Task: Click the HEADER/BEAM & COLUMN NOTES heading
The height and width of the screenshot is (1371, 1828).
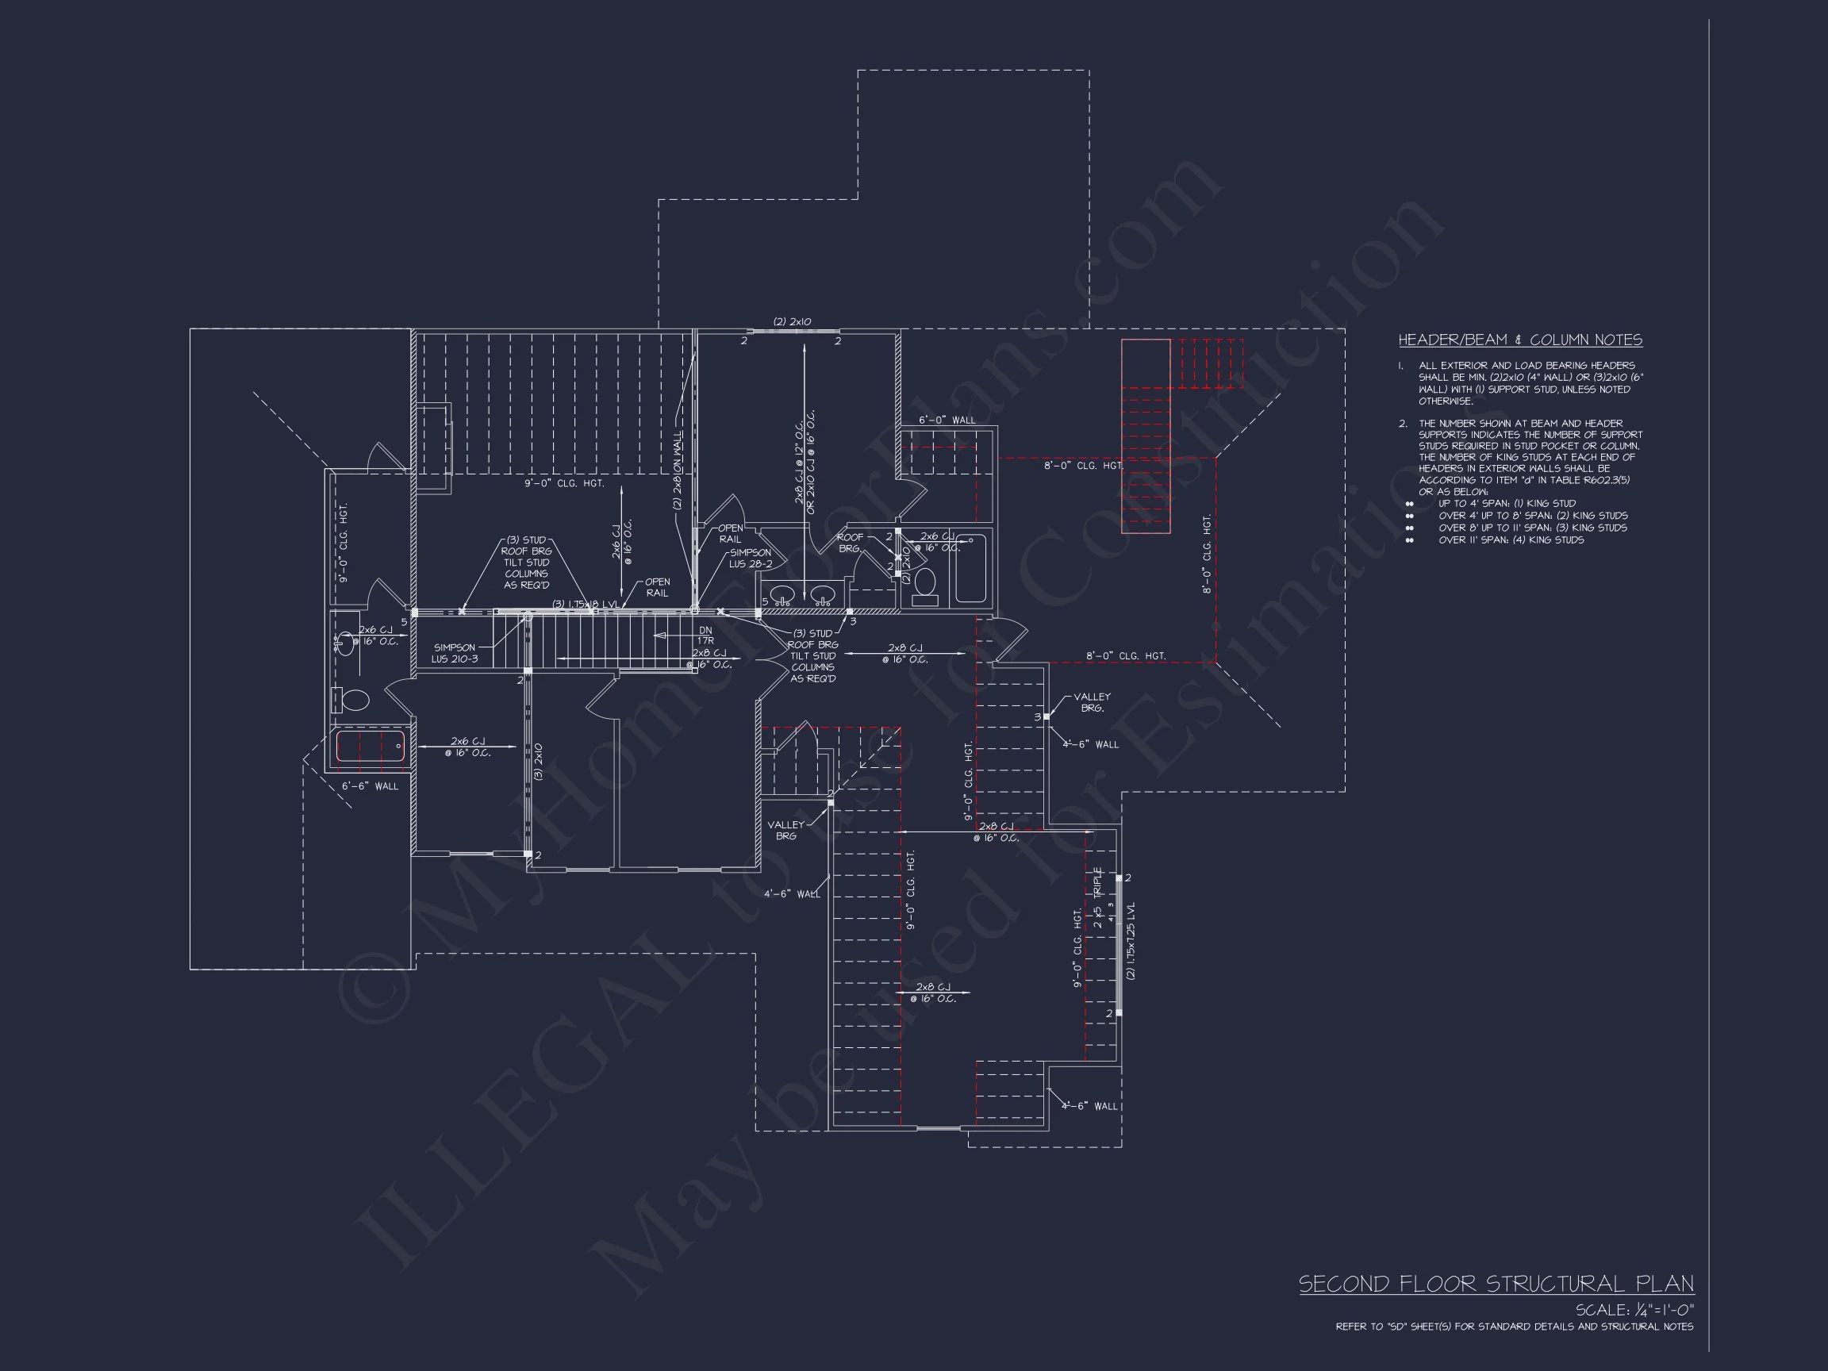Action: (x=1519, y=340)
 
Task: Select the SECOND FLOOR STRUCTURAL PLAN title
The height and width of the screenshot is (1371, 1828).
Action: (x=1496, y=1284)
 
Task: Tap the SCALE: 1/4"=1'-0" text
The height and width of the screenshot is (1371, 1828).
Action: (x=1634, y=1310)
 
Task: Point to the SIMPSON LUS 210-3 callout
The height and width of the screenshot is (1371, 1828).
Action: (x=454, y=653)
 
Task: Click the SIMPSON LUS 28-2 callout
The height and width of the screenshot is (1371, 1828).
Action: (x=751, y=558)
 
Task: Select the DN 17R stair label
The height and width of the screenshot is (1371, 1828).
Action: (x=705, y=635)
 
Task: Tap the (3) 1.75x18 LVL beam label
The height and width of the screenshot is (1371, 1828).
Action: (x=585, y=604)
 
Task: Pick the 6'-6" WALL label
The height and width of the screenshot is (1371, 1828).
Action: (x=370, y=786)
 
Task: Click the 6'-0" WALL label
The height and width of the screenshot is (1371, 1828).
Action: (x=947, y=420)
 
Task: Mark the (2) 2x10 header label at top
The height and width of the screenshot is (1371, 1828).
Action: (x=792, y=321)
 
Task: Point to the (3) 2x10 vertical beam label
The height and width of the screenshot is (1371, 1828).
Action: (x=538, y=761)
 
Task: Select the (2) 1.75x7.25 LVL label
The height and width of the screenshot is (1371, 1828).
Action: (x=1131, y=940)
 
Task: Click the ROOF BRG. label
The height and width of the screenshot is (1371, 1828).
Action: (x=850, y=542)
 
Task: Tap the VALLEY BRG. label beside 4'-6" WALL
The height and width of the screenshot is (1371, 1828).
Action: (x=1092, y=702)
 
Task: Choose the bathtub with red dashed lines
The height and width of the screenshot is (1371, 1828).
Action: (x=370, y=747)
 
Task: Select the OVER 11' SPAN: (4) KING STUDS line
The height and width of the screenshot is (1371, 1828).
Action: (x=1511, y=540)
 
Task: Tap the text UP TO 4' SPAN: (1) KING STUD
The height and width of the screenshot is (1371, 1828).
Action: (x=1507, y=502)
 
